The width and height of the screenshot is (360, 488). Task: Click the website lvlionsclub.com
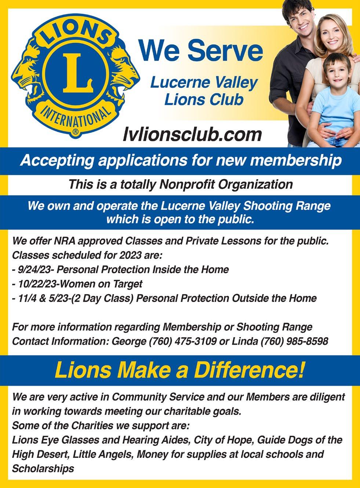pos(193,134)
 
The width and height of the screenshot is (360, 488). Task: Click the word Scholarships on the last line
pos(43,469)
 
